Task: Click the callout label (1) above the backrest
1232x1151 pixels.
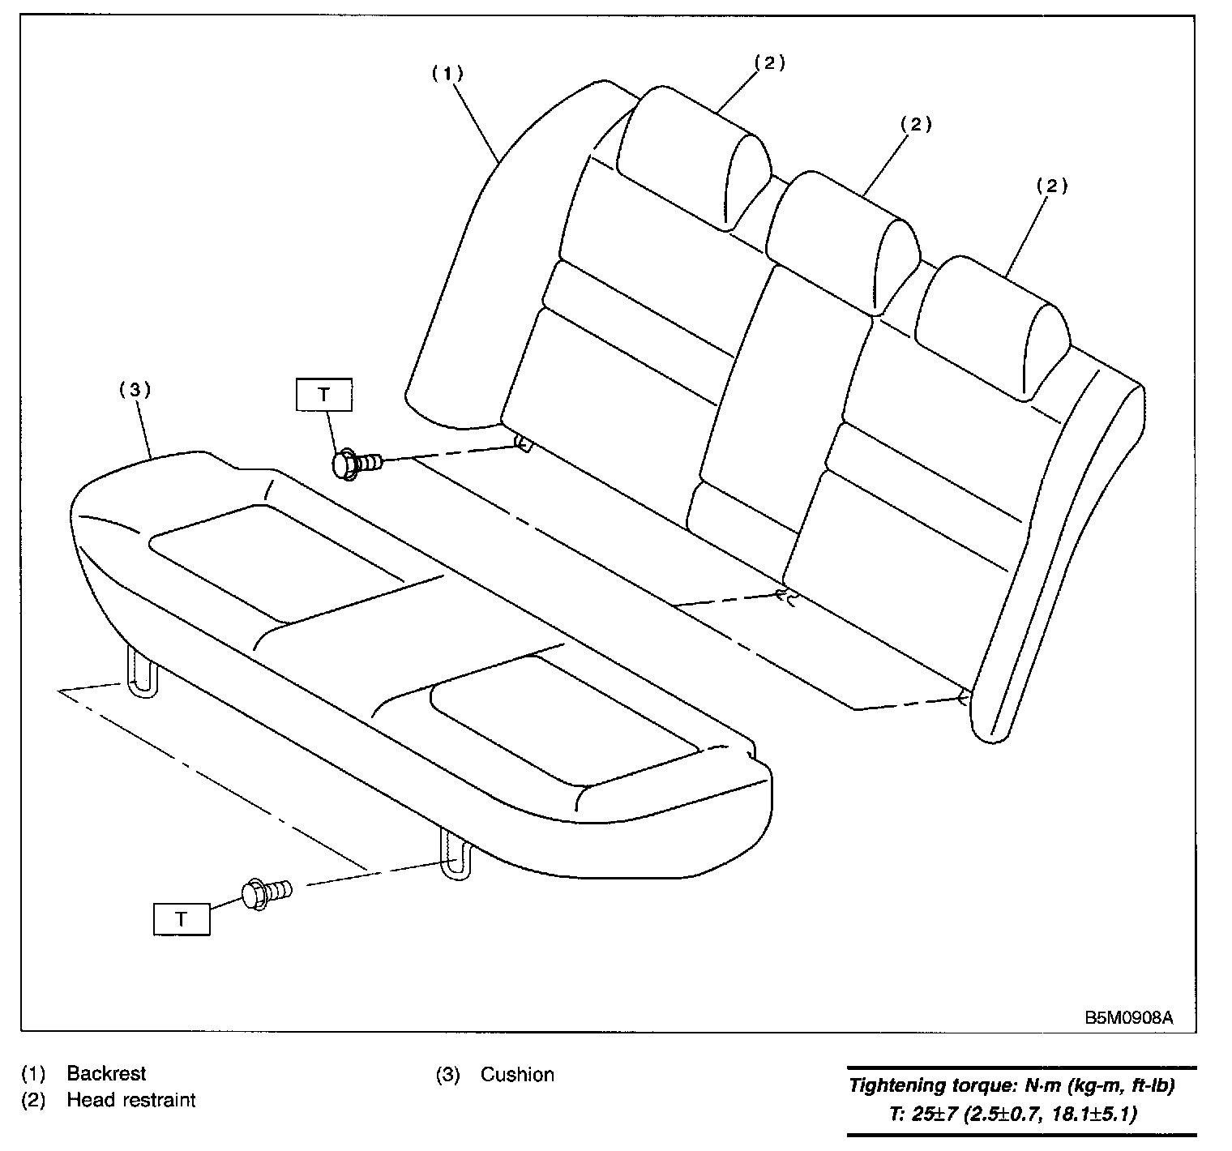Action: (x=447, y=73)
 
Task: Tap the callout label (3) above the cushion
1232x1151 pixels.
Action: (x=135, y=389)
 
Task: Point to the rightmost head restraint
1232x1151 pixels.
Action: (x=993, y=324)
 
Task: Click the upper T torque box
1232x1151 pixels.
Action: (x=324, y=394)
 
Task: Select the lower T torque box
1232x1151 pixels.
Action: (x=182, y=919)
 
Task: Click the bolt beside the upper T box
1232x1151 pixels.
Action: (x=357, y=464)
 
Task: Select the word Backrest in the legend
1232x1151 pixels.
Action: (x=106, y=1074)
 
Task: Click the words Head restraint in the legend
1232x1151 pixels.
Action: (x=131, y=1101)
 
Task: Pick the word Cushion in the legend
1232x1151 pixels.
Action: (x=517, y=1075)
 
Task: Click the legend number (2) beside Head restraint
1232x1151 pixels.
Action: (x=32, y=1101)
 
